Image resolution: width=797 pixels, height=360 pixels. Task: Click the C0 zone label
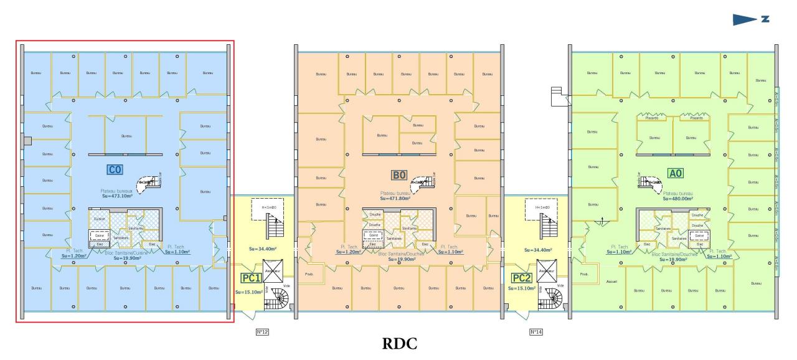(113, 169)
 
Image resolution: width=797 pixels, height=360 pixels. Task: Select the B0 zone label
(399, 176)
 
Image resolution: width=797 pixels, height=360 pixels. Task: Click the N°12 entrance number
(262, 332)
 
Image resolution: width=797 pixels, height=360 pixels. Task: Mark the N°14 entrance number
(535, 332)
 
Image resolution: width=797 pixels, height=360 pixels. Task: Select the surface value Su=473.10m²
(115, 199)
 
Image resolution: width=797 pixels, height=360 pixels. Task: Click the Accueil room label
(612, 282)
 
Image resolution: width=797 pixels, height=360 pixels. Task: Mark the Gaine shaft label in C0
(98, 237)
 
